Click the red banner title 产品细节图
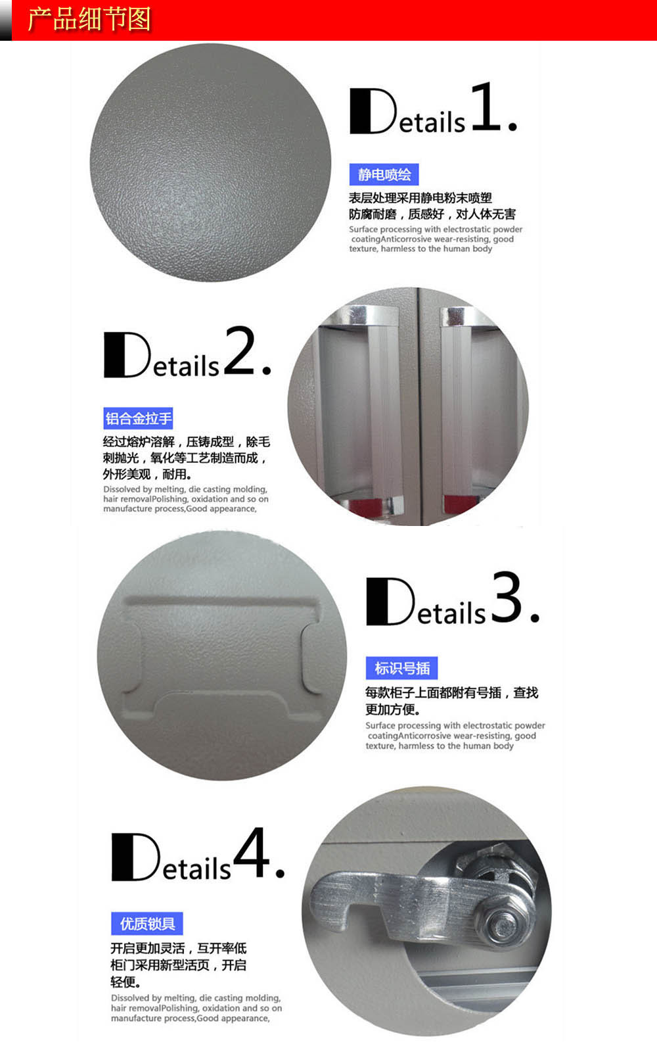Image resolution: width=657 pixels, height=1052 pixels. [89, 20]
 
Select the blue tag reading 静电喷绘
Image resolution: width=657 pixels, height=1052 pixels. [384, 175]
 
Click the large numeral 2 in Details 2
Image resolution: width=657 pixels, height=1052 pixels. [240, 350]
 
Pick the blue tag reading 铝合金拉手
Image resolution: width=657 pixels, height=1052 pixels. [138, 418]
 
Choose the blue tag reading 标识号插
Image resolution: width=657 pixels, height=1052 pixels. [401, 668]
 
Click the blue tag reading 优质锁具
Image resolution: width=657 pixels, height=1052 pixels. [147, 924]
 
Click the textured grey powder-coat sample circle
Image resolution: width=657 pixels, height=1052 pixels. [210, 162]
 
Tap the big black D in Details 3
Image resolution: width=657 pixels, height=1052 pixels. [390, 601]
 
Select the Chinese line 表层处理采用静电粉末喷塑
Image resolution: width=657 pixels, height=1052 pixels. [420, 198]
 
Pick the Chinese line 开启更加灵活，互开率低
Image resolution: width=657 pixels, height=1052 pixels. [178, 948]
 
